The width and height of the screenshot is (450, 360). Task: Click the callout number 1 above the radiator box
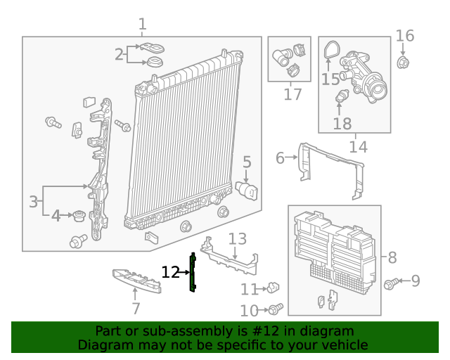click(x=142, y=25)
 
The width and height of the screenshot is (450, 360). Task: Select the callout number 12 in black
click(x=170, y=272)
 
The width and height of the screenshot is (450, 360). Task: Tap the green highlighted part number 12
click(x=192, y=271)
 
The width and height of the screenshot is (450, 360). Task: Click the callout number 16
click(x=405, y=36)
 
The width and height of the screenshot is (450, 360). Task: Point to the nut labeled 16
click(x=404, y=63)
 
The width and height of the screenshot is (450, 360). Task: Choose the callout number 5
click(x=247, y=162)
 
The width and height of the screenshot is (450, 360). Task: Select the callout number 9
click(x=416, y=281)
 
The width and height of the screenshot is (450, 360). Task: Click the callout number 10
click(x=249, y=310)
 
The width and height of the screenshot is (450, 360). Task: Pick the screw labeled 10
click(x=276, y=309)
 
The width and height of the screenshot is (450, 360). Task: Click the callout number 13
click(x=237, y=239)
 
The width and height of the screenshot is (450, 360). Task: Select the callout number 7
click(x=136, y=308)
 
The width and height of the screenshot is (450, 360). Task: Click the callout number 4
click(x=56, y=216)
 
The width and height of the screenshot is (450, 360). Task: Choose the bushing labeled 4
click(x=79, y=215)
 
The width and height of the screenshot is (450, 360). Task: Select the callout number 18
click(x=342, y=124)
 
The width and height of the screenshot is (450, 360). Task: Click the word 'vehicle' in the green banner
click(x=343, y=345)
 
